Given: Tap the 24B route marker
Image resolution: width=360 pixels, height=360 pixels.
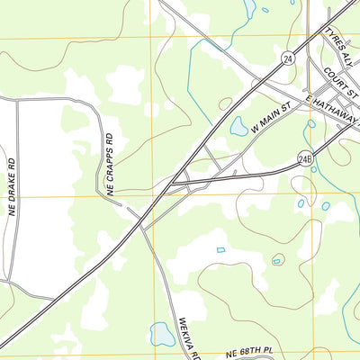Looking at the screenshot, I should pos(305,159).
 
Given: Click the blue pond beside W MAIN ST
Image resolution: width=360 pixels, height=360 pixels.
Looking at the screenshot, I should pos(238,126).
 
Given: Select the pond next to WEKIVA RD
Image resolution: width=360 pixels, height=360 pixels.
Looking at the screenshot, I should pos(162,334).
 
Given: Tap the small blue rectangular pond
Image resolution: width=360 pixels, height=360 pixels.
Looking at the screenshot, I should pos(220,249).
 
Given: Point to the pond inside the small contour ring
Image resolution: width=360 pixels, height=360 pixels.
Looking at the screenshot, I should pos(277,260).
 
